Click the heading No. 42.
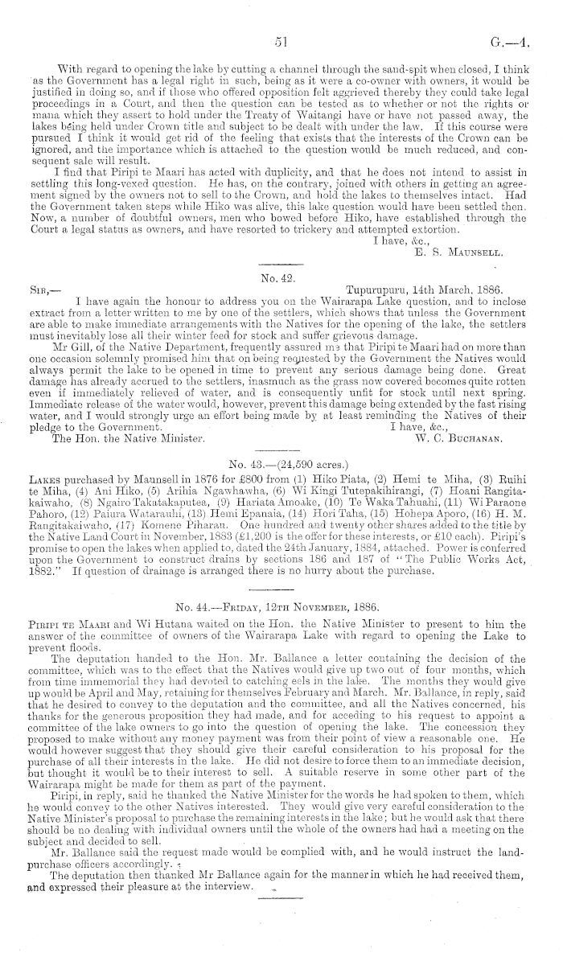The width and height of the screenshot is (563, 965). pyautogui.click(x=281, y=276)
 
